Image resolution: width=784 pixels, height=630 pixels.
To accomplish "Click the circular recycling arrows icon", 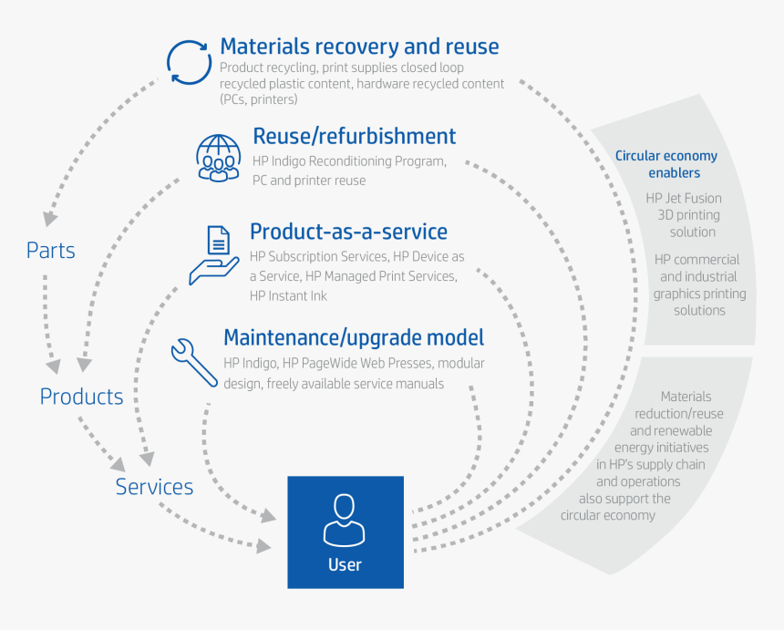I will tap(190, 63).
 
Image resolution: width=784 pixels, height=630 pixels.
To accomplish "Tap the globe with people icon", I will tap(220, 156).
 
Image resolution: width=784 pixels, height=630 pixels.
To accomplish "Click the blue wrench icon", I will tap(194, 361).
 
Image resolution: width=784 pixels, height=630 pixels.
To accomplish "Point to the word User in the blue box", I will tap(345, 564).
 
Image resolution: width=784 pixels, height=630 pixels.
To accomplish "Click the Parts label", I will tap(51, 251).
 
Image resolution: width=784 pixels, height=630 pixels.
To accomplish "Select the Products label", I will tap(81, 397).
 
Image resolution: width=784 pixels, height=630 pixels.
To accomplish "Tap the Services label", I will tap(154, 487).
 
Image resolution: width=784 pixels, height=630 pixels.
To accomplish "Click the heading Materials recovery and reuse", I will tap(359, 46).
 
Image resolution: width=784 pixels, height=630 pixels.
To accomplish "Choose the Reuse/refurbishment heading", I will tap(354, 137).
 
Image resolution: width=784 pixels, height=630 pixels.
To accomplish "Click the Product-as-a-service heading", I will tap(348, 232).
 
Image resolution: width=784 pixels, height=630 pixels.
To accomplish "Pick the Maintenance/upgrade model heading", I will tap(354, 338).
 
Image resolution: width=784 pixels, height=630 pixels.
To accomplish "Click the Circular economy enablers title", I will tap(666, 164).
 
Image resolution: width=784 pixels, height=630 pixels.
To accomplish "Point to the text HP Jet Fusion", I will tap(684, 198).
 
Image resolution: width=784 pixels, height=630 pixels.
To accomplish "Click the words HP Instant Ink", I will tap(288, 295).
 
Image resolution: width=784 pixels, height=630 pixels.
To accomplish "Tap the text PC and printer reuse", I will tap(309, 181).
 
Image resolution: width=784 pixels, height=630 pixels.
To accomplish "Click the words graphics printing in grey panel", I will tap(699, 294).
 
